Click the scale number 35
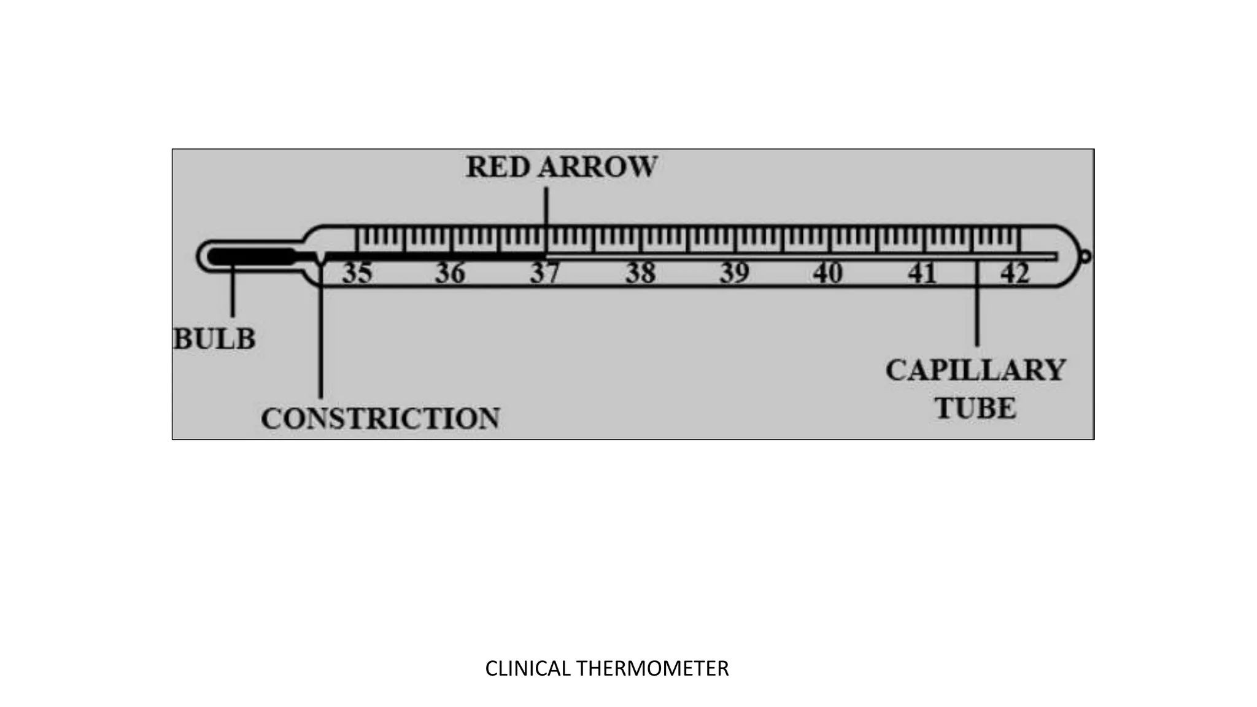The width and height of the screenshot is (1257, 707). pos(357,273)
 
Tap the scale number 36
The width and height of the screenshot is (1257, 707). pos(451,273)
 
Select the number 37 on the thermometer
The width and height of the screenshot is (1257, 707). pos(545,273)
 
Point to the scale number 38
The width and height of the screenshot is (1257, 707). pos(640,273)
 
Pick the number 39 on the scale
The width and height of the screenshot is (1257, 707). pos(735,273)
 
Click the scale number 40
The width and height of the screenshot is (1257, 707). pos(828,273)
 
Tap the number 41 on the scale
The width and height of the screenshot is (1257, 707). pos(922,273)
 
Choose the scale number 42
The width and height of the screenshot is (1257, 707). pos(1015,273)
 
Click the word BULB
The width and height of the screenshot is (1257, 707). pos(214,339)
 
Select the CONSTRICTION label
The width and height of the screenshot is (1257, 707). pos(380,419)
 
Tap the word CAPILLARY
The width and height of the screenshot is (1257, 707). pos(975,370)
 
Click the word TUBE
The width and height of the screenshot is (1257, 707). pos(975,409)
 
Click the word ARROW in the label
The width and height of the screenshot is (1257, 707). pos(597,167)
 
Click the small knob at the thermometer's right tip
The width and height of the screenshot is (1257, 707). pos(1085,256)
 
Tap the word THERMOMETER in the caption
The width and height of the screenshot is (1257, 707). pos(652,668)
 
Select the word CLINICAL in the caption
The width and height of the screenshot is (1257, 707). pos(528,668)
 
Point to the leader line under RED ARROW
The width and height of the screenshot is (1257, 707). pos(546,209)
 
